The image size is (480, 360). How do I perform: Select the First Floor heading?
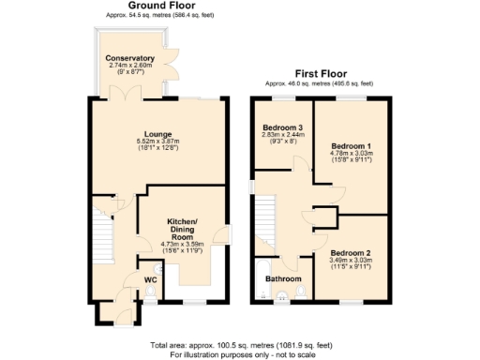[320, 72]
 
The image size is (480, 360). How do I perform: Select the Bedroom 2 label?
[350, 253]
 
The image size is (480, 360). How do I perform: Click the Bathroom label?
[282, 279]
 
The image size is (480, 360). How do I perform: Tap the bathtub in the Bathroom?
[259, 281]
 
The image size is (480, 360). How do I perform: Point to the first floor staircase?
[266, 216]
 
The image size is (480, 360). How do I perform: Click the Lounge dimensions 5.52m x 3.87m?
[157, 142]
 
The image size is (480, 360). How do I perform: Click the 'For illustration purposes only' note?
[240, 355]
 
